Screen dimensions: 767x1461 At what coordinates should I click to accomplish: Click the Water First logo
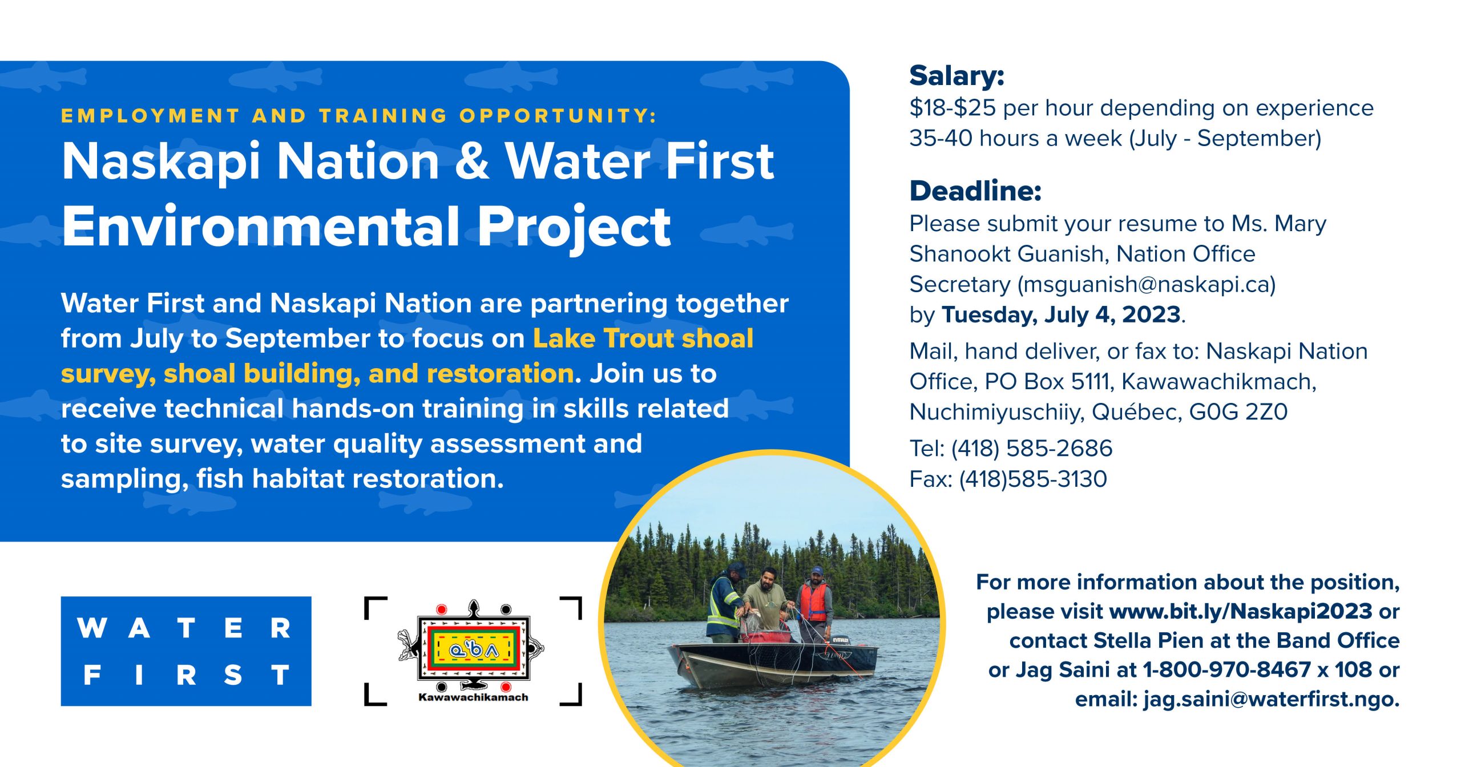tap(186, 651)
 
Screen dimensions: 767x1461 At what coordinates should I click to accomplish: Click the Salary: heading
tap(956, 76)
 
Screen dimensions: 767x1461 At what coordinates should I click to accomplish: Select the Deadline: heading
tap(975, 191)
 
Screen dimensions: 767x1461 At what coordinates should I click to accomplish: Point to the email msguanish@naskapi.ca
tap(1147, 284)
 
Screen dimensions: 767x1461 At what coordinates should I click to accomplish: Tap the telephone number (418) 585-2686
tap(1032, 448)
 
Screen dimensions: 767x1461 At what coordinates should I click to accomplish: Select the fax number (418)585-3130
tap(1033, 479)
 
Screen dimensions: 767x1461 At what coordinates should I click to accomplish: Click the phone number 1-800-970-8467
tap(1227, 669)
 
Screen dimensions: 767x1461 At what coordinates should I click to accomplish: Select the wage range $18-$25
tap(953, 108)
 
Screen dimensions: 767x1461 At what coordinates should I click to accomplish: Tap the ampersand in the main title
tap(472, 162)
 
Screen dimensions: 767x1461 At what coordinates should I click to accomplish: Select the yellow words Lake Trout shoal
tap(643, 338)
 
